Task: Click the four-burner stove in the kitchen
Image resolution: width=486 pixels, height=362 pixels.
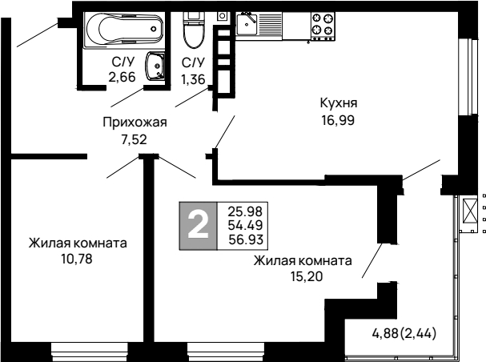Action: pos(322,24)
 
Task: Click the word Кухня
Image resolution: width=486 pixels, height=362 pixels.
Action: pos(337,103)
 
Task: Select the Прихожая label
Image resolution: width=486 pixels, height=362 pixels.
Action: pos(134,122)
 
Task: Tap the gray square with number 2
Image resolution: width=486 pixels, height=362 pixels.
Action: pos(197,223)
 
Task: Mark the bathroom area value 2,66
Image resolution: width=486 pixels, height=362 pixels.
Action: pos(123,78)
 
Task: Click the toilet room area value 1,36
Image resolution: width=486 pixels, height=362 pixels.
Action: pos(193,78)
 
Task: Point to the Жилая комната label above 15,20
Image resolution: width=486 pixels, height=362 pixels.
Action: pos(303,260)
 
